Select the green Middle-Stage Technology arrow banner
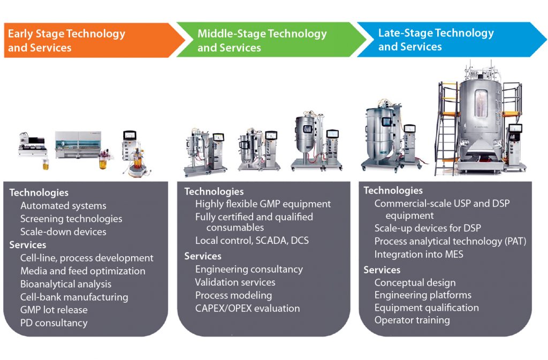[268, 41]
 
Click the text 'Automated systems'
[63, 206]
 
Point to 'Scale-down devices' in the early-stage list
[63, 232]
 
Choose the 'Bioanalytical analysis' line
[66, 284]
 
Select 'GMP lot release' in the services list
[54, 310]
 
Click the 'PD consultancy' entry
[54, 323]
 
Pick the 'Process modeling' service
[233, 295]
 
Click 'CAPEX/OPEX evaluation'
[247, 308]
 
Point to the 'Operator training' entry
[412, 320]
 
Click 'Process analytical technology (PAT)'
[450, 242]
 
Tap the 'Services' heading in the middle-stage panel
[203, 256]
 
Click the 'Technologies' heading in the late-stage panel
[393, 190]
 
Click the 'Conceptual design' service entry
[415, 282]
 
